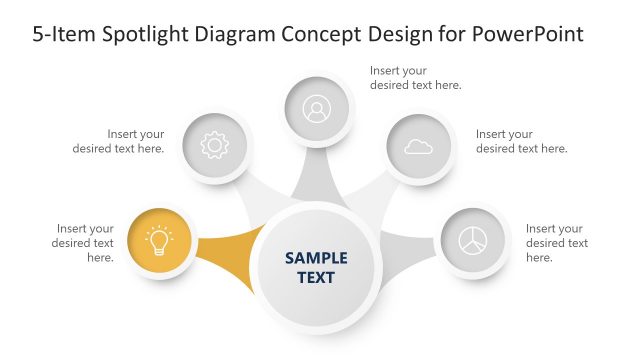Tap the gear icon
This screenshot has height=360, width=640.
[x=214, y=146]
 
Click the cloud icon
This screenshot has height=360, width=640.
[x=418, y=147]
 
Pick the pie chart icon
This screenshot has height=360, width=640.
[x=473, y=242]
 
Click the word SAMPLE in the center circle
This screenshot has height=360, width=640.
[x=316, y=257]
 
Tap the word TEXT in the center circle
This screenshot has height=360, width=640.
[x=316, y=277]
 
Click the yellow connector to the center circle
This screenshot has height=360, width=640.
[x=228, y=255]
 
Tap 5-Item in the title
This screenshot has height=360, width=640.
[x=62, y=34]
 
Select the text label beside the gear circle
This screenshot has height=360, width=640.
[x=118, y=141]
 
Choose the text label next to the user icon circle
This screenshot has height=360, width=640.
[x=415, y=78]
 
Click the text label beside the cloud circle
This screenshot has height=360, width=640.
[x=521, y=141]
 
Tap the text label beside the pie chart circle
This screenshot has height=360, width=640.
[x=556, y=243]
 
